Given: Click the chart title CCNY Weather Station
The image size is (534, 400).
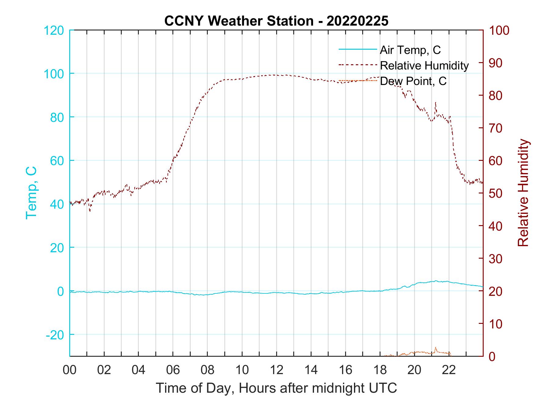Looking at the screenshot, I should point(276,21).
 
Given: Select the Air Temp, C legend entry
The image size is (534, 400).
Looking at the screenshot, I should point(410,50).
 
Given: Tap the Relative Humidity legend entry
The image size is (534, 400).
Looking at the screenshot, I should point(424,65).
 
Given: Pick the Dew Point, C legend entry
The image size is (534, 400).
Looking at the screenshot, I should point(413,81).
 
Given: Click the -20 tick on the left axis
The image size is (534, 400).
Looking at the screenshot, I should point(55,335).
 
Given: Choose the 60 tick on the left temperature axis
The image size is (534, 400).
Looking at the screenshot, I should point(56,161).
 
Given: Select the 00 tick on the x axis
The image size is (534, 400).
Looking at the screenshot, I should point(70,370).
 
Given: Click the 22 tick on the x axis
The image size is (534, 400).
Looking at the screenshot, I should point(449,370).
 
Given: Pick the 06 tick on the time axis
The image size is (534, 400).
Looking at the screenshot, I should point(173,370).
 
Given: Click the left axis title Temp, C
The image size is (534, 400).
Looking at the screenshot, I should point(31,193).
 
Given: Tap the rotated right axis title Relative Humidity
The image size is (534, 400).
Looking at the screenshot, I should point(523,193).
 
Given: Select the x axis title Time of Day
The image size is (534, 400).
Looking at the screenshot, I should point(276,388).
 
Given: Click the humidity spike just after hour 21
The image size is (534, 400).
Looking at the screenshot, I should point(435,103).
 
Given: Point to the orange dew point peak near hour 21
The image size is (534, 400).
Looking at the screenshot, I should point(435,348).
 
